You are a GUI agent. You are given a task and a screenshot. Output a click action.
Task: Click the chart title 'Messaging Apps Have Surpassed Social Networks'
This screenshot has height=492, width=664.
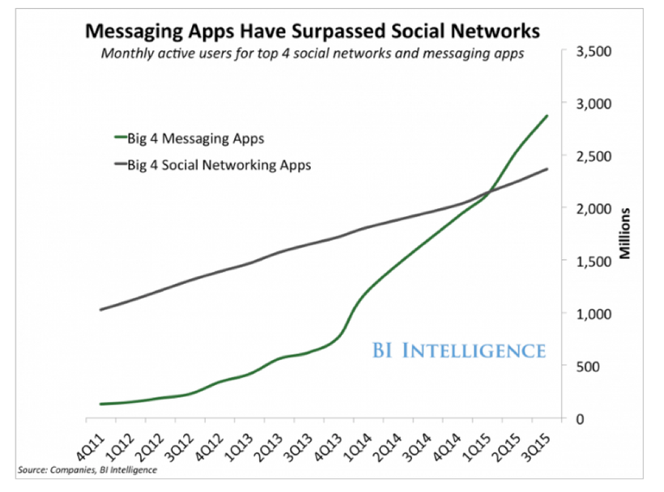[312, 32]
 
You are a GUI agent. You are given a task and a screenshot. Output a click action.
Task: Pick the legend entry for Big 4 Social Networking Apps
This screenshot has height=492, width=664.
[219, 164]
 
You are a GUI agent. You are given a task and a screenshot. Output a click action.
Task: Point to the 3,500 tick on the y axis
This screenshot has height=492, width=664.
[594, 51]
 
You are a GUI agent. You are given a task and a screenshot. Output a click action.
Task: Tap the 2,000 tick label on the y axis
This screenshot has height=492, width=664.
[594, 208]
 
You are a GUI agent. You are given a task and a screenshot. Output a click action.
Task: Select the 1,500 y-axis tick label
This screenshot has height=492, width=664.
[594, 261]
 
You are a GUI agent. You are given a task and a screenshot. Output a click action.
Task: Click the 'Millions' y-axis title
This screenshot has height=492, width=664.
[625, 234]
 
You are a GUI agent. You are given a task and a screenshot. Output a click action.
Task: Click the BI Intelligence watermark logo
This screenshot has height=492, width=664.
[459, 350]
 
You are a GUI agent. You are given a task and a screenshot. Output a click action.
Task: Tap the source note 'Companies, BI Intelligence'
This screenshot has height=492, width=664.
[85, 470]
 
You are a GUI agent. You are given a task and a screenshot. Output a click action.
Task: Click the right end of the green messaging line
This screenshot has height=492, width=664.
[547, 116]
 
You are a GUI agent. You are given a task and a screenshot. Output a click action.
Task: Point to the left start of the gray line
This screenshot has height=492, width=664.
[100, 309]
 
